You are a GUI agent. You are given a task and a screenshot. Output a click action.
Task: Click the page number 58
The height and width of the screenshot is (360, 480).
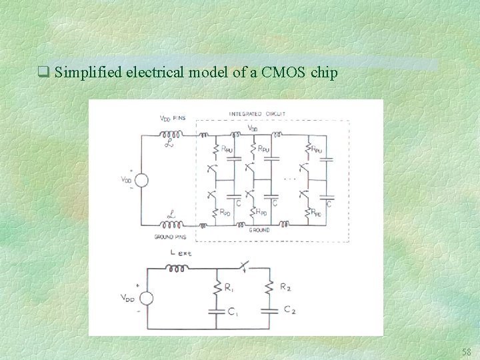[x=466, y=351]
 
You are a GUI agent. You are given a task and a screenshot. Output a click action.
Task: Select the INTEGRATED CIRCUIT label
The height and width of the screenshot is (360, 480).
[x=257, y=114]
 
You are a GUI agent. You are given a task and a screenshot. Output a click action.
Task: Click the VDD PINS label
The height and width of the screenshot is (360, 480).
[x=173, y=118]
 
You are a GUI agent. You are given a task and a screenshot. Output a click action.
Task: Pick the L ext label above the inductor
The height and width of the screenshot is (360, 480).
[x=181, y=253]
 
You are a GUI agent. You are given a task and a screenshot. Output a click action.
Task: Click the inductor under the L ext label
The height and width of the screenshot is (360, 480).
[x=177, y=269]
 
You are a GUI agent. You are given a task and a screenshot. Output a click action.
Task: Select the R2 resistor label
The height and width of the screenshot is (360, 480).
[x=285, y=287]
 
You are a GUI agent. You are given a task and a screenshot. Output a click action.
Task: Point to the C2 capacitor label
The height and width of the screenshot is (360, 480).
[x=289, y=310]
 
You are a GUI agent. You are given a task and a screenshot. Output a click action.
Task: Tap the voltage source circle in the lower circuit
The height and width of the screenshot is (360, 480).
[x=146, y=299]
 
